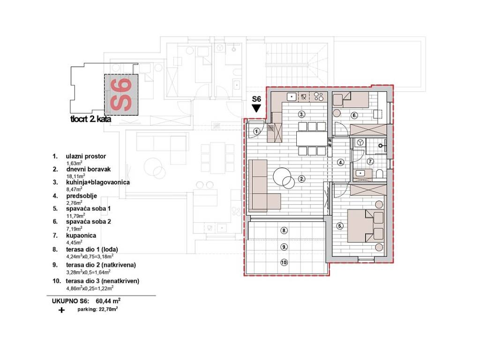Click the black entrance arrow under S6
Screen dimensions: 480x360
[256, 108]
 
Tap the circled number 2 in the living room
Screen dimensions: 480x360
[302, 179]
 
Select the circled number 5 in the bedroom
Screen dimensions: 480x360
[340, 226]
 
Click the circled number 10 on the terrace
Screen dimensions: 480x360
[284, 262]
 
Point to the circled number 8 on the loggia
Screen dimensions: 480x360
[284, 231]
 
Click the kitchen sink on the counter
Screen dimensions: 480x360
[292, 97]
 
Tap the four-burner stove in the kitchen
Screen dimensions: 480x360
[318, 97]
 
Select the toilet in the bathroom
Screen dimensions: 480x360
[380, 174]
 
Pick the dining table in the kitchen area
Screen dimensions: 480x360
[312, 139]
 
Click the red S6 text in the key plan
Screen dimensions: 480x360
[121, 95]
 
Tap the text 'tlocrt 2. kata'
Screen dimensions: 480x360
[91, 119]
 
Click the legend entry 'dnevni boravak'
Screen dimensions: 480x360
[89, 169]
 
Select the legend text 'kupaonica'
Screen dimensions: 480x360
[81, 236]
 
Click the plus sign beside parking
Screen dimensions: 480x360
[62, 310]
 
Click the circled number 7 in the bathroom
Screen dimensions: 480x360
[371, 161]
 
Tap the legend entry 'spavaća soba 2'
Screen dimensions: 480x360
[89, 222]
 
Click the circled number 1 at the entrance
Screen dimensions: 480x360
[257, 131]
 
